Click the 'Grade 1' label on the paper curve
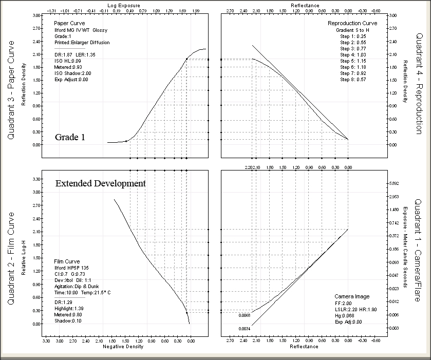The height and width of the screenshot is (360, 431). click(77, 138)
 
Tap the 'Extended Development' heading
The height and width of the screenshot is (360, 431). click(101, 183)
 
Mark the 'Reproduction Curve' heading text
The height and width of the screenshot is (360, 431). click(352, 24)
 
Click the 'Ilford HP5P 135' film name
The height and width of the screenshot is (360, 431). click(72, 268)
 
